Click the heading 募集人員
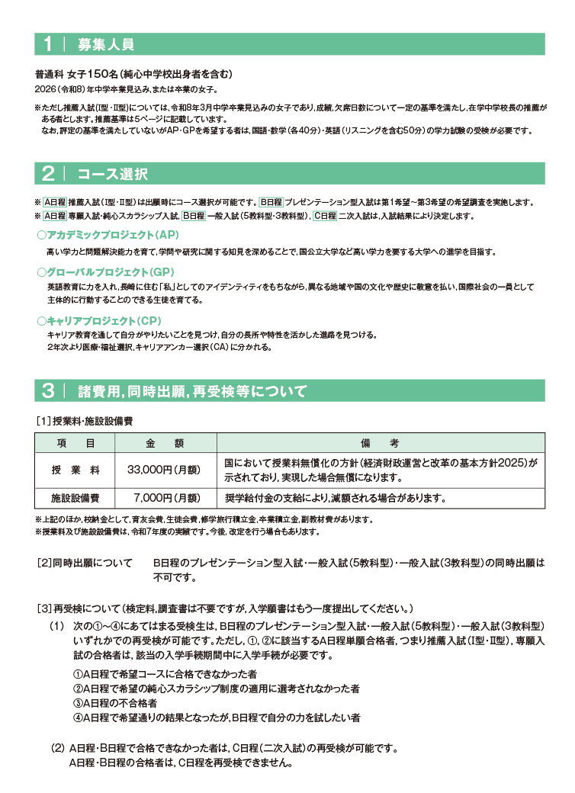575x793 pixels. point(106,44)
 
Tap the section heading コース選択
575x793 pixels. point(113,174)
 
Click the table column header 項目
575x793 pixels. point(75,443)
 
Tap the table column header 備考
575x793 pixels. point(381,443)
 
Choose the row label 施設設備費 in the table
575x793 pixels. point(75,498)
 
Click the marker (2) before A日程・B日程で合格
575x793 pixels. point(57,748)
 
